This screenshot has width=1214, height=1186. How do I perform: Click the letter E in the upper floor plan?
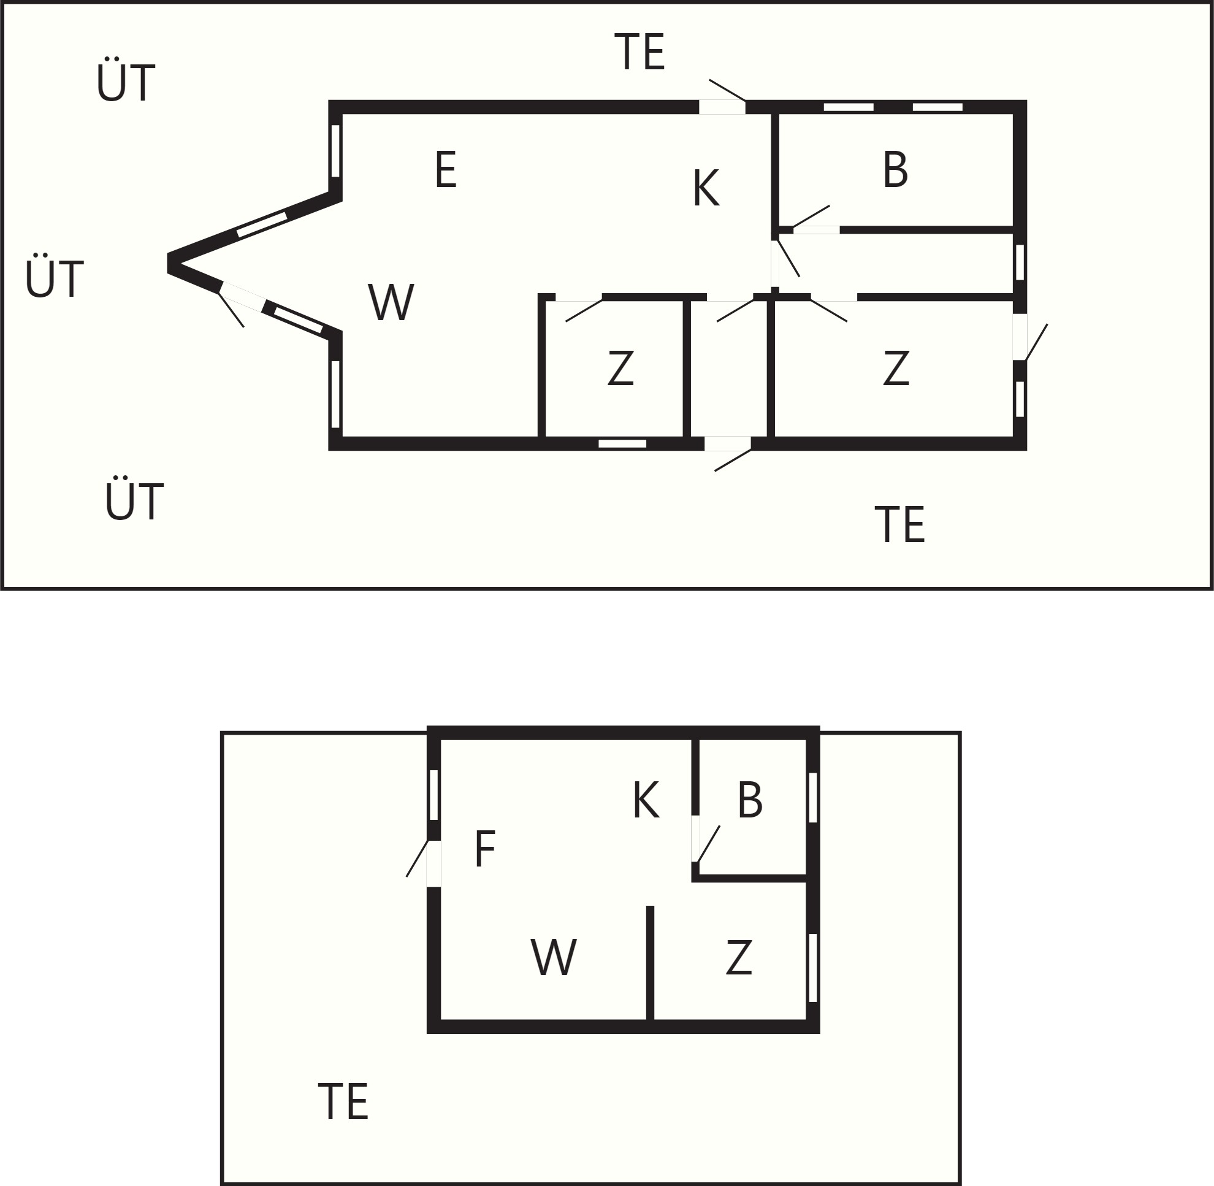click(446, 169)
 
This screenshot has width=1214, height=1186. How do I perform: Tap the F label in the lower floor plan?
click(484, 848)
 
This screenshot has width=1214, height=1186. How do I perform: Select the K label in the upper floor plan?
click(706, 188)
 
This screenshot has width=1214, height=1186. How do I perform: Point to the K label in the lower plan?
click(646, 800)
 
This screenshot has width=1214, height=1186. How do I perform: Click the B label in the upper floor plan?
click(896, 169)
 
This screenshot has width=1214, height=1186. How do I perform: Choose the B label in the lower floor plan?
click(750, 800)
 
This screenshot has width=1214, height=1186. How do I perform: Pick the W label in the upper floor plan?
click(391, 302)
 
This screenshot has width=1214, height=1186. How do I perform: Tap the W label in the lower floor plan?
click(554, 956)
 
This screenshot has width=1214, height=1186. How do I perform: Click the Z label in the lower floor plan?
click(739, 957)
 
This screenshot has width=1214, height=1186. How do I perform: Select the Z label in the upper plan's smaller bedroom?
click(620, 367)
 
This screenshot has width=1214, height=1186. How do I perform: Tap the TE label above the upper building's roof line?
click(639, 52)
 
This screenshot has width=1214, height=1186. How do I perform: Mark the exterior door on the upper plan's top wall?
click(727, 98)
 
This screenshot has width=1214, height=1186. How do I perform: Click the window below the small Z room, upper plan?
click(622, 443)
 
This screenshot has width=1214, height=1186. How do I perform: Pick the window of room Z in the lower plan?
click(812, 967)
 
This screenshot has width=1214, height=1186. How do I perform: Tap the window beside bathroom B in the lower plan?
click(812, 797)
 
